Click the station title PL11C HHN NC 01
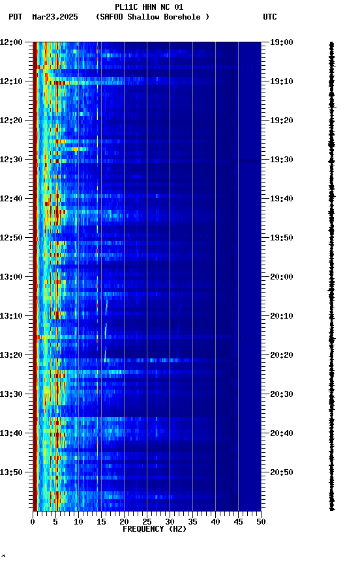click(x=149, y=7)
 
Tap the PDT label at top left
click(x=16, y=17)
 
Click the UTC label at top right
click(x=270, y=17)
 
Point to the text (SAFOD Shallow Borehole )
click(x=153, y=17)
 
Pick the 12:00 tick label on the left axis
click(x=11, y=42)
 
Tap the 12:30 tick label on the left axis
click(x=11, y=160)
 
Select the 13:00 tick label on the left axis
click(x=11, y=277)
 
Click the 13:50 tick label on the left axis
click(x=11, y=472)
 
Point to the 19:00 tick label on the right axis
click(x=281, y=42)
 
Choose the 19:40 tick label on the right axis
click(x=281, y=199)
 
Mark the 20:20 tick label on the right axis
click(x=281, y=355)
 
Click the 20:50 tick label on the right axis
click(x=281, y=472)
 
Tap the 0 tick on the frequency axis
click(x=33, y=522)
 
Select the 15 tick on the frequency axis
click(x=101, y=522)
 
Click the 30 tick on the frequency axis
click(x=170, y=522)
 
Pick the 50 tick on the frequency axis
click(x=261, y=522)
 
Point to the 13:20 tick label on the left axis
click(x=11, y=355)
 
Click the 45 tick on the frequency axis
click(x=238, y=522)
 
